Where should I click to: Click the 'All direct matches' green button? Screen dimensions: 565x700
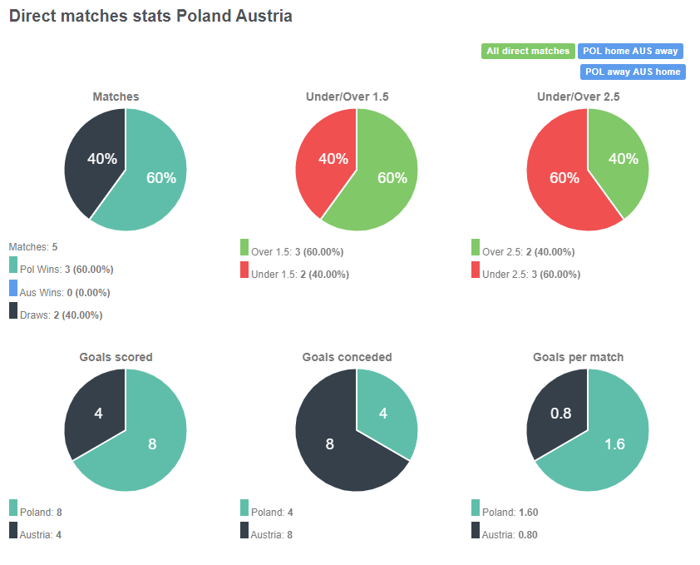(528, 51)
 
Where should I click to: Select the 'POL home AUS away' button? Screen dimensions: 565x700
(630, 51)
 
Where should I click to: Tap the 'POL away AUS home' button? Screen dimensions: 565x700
(633, 72)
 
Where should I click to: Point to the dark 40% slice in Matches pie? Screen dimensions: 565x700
(98, 158)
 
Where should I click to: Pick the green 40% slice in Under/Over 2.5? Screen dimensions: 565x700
(622, 158)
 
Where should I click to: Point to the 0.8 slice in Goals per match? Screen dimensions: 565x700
(559, 413)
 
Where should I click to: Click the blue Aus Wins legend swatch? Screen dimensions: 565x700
(13, 289)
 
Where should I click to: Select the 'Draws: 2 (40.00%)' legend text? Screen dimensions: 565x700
(61, 315)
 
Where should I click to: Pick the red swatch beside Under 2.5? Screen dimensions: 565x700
(476, 270)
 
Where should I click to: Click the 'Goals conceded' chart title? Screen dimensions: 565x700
(347, 358)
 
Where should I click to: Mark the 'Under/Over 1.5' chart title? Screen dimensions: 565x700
(347, 97)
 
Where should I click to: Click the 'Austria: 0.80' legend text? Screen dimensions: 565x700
(510, 534)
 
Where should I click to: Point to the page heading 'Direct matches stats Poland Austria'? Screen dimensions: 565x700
(150, 16)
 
